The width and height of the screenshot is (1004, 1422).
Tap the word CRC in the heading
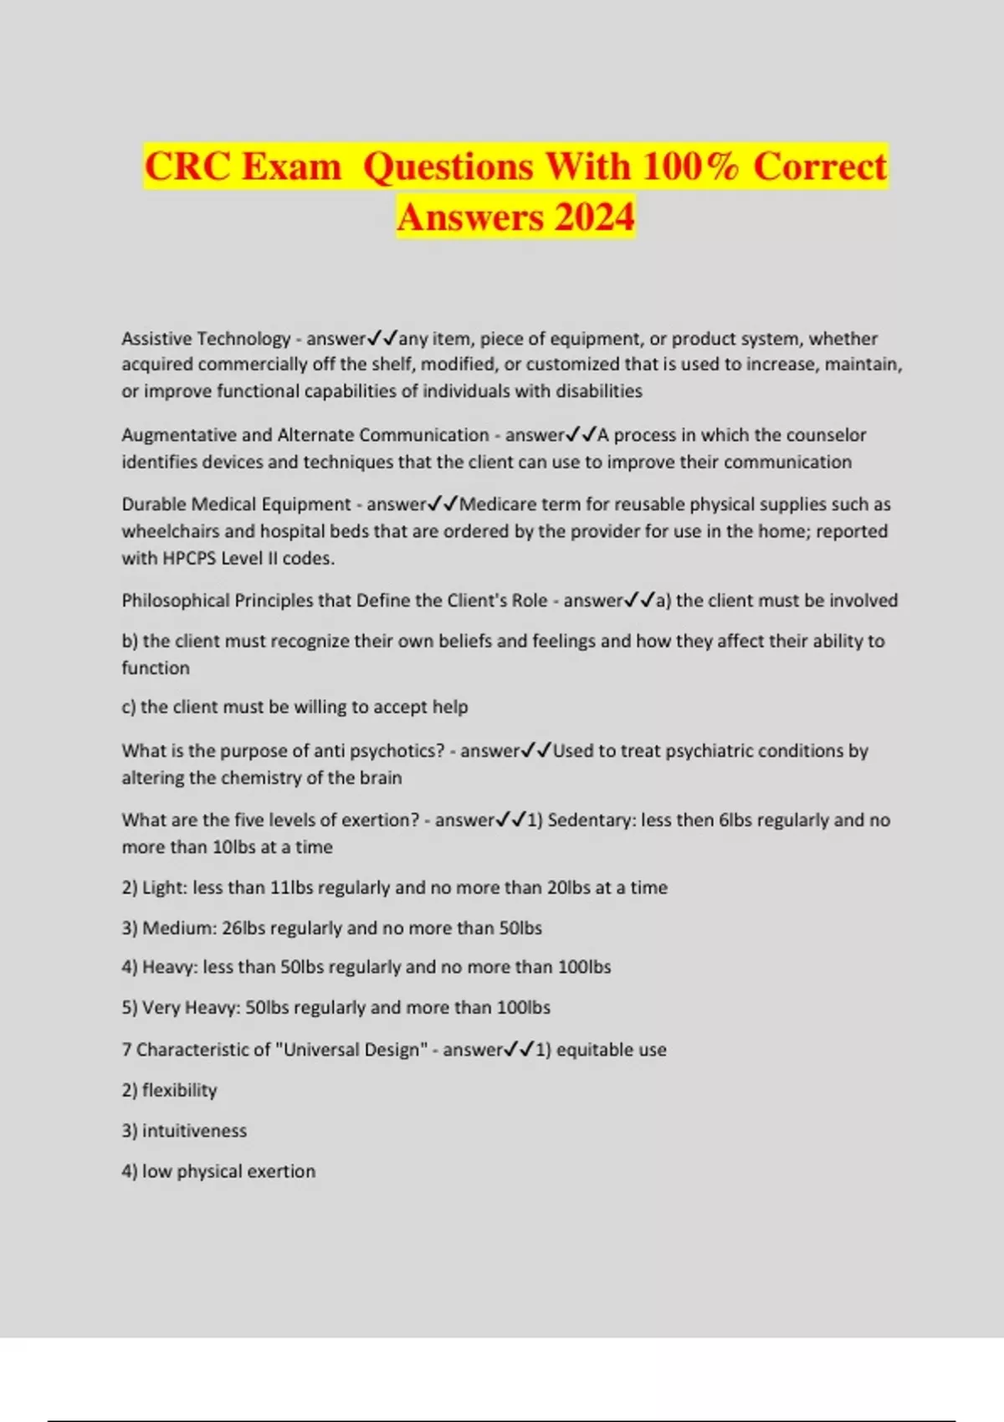[187, 166]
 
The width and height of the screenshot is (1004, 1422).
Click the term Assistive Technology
[206, 339]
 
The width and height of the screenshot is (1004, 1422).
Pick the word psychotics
[396, 751]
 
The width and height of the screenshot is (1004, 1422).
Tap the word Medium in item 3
[178, 928]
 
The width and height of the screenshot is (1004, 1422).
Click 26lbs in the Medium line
[243, 928]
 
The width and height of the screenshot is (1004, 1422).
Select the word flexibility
[179, 1091]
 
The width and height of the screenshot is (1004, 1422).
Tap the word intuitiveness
[194, 1131]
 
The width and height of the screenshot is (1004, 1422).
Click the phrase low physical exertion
[228, 1171]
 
